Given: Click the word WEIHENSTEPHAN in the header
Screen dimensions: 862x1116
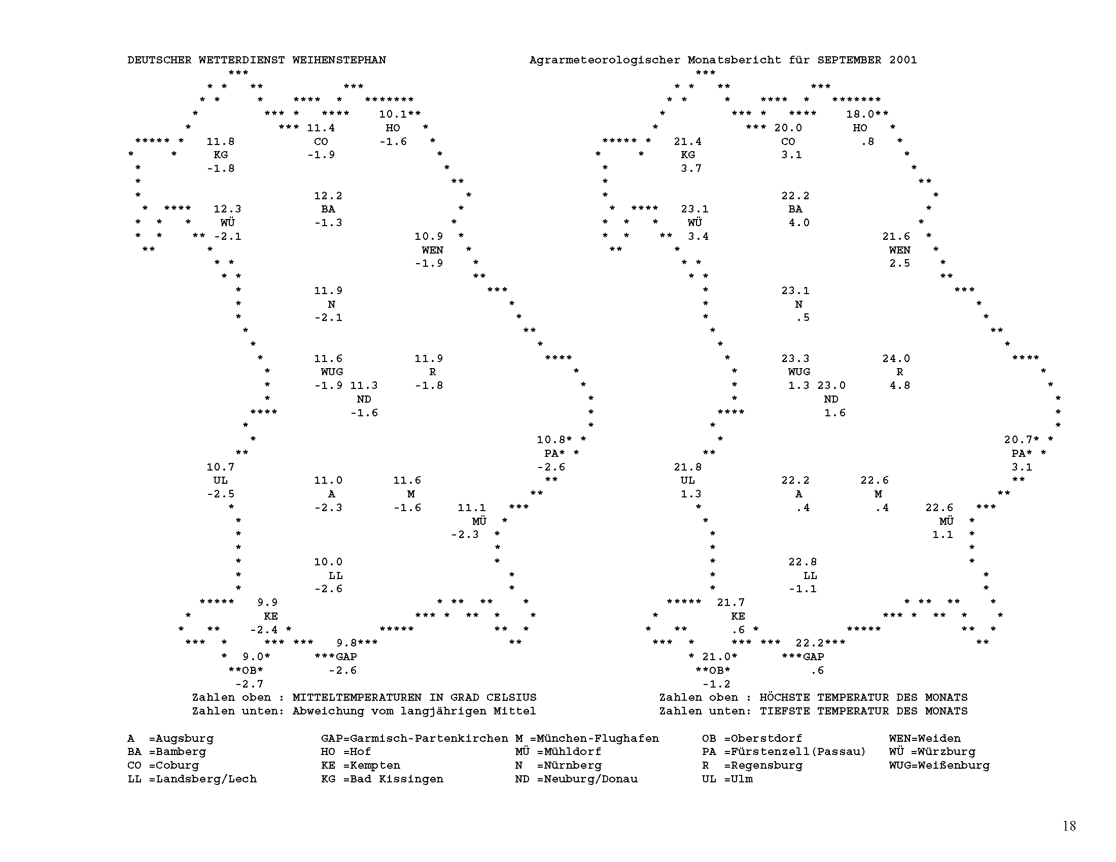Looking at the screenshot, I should pos(339,60).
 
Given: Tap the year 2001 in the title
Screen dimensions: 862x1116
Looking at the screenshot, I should pos(903,60).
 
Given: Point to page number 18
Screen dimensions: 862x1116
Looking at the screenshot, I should pos(1069,825).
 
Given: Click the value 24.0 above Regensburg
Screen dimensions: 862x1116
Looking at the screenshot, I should pos(896,358).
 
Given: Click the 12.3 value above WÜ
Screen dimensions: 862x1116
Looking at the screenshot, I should pos(227,209).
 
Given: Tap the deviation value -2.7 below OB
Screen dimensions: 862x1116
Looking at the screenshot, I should pos(250,685).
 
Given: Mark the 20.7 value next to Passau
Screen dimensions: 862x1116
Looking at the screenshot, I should pos(1018,440).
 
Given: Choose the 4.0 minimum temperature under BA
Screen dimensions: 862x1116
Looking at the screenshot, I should pos(798,223).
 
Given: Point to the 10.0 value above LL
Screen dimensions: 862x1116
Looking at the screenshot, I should pos(328,562).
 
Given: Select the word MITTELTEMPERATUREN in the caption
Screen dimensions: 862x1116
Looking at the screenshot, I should pos(357,698).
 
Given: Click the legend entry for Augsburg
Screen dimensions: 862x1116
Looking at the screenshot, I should pos(170,738).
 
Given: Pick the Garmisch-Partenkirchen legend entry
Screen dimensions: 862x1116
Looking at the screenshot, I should pos(414,738).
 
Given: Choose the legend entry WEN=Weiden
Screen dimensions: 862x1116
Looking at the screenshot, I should pos(924,738).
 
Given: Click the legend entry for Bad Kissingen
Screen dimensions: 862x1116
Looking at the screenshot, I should pos(381,779).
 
